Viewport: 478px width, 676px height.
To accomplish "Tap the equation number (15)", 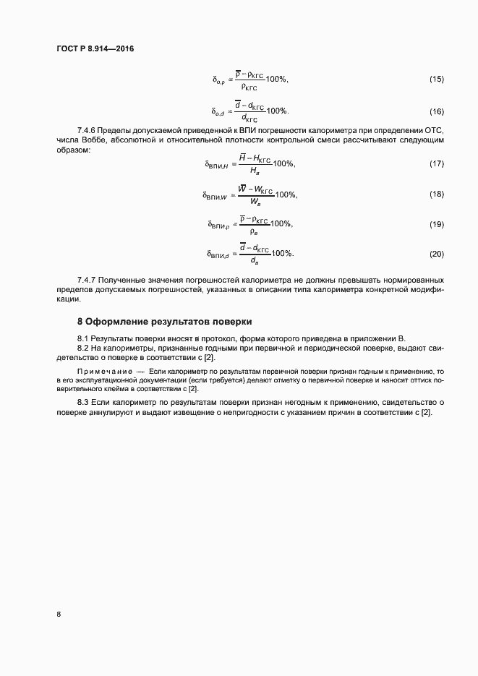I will [436, 78].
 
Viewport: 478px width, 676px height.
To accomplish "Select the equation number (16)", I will [436, 111].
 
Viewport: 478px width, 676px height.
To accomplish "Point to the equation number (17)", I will [436, 164].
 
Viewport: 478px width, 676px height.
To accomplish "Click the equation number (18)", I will [436, 194].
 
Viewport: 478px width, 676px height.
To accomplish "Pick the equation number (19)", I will [436, 224].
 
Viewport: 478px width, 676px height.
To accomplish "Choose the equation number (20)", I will [436, 254].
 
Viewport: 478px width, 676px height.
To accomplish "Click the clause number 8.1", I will [84, 338].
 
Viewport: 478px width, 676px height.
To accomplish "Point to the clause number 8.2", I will [84, 348].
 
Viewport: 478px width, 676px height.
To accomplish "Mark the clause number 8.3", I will [84, 402].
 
